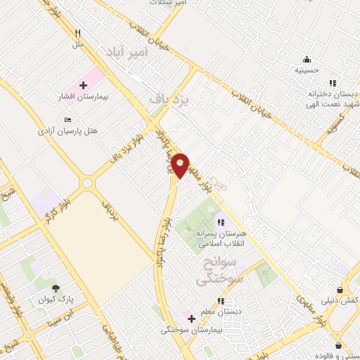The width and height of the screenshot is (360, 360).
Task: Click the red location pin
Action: pyautogui.click(x=180, y=165)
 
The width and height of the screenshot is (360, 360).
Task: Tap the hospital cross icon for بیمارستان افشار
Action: pyautogui.click(x=83, y=85)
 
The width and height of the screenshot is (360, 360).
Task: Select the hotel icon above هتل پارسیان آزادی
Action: pyautogui.click(x=67, y=120)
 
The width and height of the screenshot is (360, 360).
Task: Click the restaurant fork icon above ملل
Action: pyautogui.click(x=78, y=33)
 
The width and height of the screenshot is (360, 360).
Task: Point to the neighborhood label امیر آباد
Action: pyautogui.click(x=128, y=53)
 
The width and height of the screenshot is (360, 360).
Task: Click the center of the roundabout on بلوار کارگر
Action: pyautogui.click(x=87, y=184)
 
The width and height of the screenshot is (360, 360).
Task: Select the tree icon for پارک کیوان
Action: pyautogui.click(x=56, y=288)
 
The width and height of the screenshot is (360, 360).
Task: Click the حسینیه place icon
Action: pyautogui.click(x=307, y=59)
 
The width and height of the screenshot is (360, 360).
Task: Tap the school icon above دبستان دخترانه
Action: pyautogui.click(x=333, y=83)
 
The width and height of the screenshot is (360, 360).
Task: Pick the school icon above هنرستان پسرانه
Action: pyautogui.click(x=221, y=224)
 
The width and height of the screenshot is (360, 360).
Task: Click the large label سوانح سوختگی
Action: pyautogui.click(x=217, y=270)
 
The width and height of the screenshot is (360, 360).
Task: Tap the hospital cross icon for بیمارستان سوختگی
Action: pyautogui.click(x=191, y=318)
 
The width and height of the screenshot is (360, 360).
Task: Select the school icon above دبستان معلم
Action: pyautogui.click(x=221, y=301)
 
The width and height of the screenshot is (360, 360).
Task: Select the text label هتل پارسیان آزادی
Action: pyautogui.click(x=67, y=131)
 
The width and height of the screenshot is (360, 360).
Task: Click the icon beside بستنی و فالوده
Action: pyautogui.click(x=340, y=345)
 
